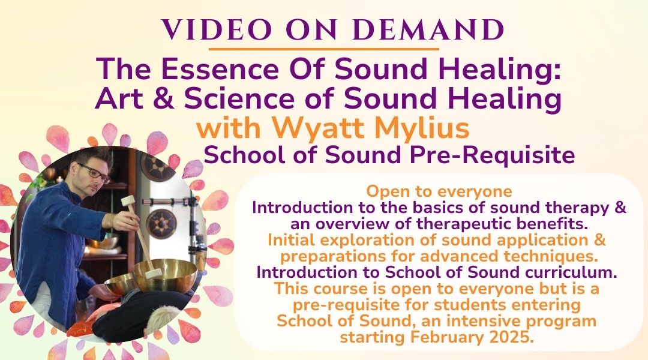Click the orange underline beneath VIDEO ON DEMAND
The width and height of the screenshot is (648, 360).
323,49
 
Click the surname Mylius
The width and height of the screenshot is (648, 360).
422,128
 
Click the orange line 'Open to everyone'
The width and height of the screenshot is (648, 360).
439,191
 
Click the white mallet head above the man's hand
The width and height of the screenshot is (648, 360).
130,202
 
